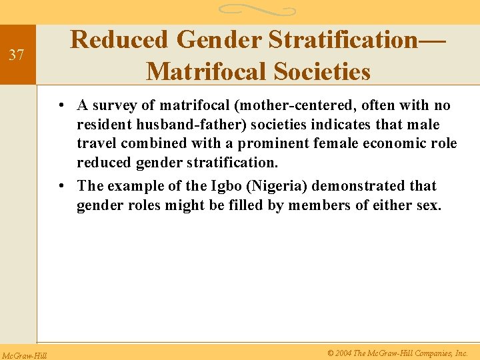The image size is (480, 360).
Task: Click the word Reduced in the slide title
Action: [x=119, y=40]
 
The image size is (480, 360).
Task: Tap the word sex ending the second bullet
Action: [x=427, y=205]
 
